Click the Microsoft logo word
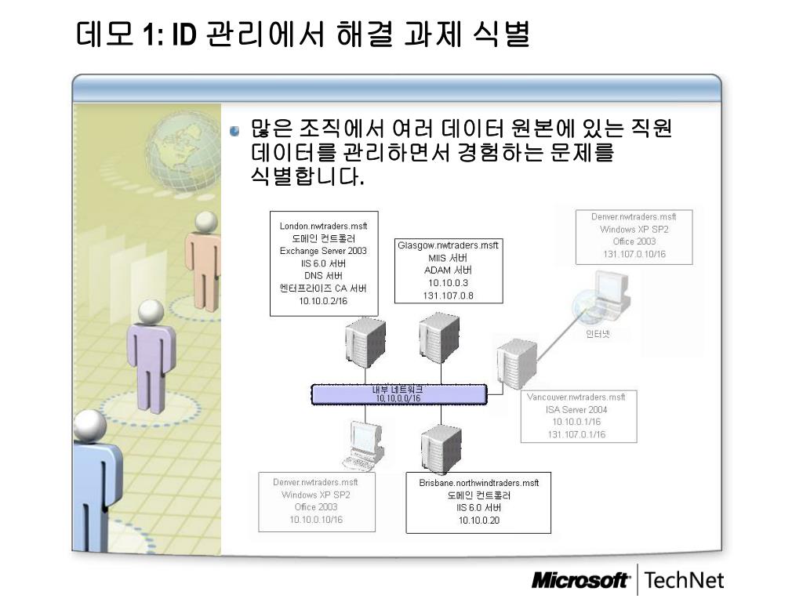[x=580, y=581]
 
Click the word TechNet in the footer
[x=684, y=581]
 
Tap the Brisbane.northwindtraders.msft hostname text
[x=479, y=483]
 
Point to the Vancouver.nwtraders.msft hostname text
[x=576, y=397]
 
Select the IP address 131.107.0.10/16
[x=634, y=254]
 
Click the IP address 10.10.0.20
[x=479, y=520]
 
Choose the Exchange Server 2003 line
[x=323, y=251]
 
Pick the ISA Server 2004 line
[x=576, y=410]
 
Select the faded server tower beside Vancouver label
[x=515, y=364]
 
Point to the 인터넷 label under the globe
[x=598, y=333]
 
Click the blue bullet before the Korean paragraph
[x=234, y=131]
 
